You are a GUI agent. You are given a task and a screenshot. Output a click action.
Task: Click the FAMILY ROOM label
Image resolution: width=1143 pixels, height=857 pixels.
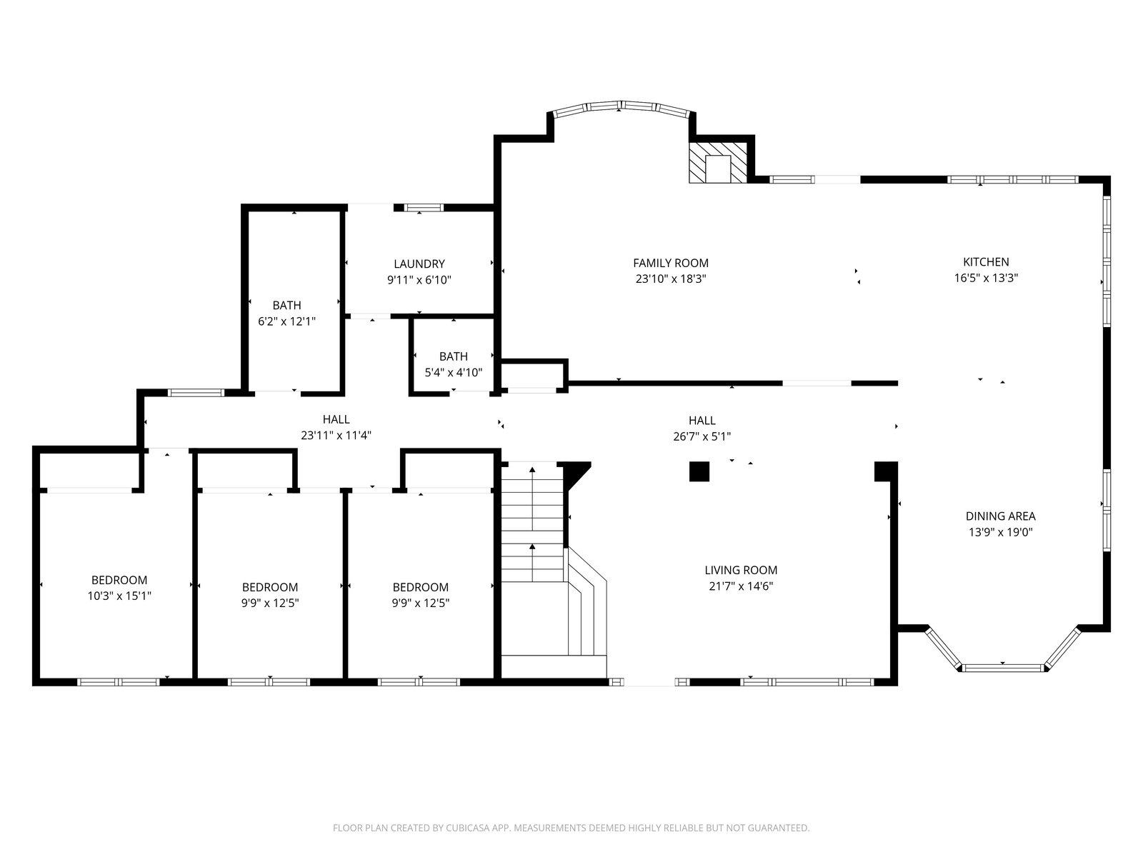click(671, 263)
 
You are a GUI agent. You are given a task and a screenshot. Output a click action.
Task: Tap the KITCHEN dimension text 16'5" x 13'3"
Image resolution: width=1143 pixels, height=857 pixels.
click(986, 278)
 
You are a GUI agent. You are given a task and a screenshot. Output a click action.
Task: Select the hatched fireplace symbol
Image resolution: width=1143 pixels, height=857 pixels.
click(718, 163)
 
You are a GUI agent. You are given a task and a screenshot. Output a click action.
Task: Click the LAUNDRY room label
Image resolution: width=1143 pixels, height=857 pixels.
click(419, 264)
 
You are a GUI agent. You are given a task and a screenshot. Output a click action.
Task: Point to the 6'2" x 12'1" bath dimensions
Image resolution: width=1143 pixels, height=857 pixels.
click(287, 321)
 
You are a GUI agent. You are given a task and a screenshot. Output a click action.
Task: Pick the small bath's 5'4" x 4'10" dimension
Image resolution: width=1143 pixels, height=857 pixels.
click(454, 373)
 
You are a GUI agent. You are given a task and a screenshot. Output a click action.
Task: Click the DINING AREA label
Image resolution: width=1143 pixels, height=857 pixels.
click(1000, 516)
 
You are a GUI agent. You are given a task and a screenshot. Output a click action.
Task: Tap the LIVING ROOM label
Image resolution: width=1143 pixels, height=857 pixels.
click(741, 570)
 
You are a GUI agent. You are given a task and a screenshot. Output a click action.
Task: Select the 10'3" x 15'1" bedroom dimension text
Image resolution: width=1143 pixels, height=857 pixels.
click(119, 596)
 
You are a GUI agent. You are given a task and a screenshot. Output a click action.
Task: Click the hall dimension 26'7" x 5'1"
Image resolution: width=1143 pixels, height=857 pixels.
click(702, 436)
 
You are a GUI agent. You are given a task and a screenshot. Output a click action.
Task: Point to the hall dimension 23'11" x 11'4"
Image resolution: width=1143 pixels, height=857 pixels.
click(336, 436)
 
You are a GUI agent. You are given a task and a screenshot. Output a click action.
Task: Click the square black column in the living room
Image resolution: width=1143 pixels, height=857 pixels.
click(699, 471)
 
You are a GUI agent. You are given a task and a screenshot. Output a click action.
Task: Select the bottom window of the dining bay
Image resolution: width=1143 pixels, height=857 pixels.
click(1002, 668)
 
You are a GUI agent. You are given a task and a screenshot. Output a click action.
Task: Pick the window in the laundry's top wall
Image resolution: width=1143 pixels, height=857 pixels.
click(424, 208)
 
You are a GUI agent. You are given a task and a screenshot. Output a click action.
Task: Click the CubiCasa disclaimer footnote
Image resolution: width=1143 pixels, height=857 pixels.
click(571, 827)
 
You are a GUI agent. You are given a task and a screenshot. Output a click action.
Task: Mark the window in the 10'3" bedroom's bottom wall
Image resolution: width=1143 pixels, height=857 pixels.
click(119, 681)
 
